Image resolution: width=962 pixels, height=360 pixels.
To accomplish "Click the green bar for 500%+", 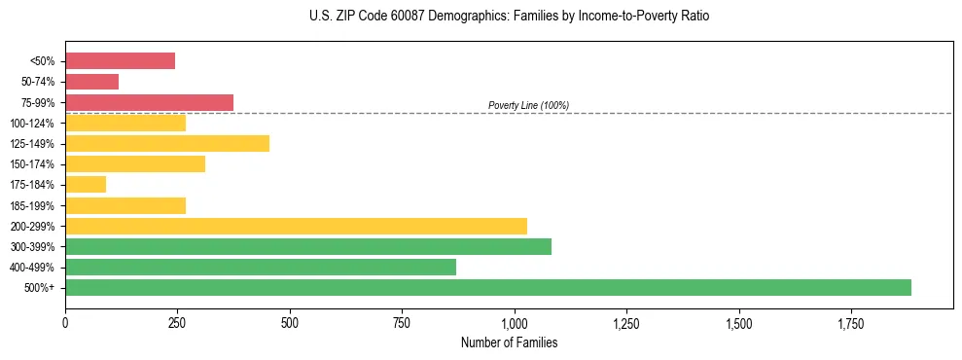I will click(487, 287).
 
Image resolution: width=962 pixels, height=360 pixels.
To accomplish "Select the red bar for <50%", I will click(120, 61).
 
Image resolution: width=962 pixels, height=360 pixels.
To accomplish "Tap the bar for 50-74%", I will click(91, 82).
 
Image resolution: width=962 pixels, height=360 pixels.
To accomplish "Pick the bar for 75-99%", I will click(149, 102).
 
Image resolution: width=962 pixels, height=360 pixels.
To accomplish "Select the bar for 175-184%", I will click(86, 185).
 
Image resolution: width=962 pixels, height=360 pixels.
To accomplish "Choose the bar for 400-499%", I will click(260, 267).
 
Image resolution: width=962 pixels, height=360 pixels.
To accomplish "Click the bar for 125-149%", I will click(166, 143).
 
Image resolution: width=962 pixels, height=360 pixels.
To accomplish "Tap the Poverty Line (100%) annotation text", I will click(528, 105).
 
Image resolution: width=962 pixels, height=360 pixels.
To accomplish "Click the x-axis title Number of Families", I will click(509, 342).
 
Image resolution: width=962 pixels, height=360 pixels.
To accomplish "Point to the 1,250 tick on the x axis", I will click(626, 322).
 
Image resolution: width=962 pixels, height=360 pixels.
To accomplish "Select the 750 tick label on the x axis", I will click(402, 322).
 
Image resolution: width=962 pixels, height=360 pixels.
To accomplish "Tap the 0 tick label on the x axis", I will click(65, 322).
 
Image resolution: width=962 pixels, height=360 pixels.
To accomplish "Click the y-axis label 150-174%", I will click(32, 164).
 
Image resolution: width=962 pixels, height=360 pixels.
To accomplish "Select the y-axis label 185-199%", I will click(32, 205).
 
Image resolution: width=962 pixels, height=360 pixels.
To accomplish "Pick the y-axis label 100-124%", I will click(32, 124).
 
